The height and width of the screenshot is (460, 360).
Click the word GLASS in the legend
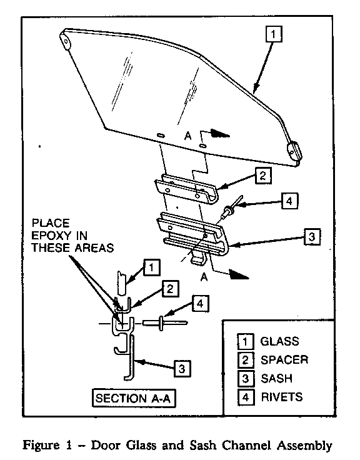(279, 341)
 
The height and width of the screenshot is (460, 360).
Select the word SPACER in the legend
(284, 359)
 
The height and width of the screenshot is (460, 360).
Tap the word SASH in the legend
(276, 378)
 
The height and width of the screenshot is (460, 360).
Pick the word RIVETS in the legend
(282, 397)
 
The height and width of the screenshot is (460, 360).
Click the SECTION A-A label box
(134, 398)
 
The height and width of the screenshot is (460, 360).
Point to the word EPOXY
(51, 235)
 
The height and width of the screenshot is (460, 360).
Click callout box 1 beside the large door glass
(274, 34)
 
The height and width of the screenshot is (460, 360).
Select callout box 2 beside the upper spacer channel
(263, 176)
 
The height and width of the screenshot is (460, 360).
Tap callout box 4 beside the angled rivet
(289, 201)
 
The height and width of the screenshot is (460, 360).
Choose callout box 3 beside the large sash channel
(312, 236)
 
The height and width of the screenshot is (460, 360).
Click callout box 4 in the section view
(200, 303)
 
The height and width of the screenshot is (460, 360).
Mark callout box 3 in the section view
(182, 369)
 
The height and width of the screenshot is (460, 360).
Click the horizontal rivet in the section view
(165, 322)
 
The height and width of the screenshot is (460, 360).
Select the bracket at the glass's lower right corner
(294, 151)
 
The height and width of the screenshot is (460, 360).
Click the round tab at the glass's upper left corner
(66, 41)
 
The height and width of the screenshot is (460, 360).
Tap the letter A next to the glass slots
(187, 136)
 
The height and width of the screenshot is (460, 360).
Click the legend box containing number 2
(245, 359)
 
